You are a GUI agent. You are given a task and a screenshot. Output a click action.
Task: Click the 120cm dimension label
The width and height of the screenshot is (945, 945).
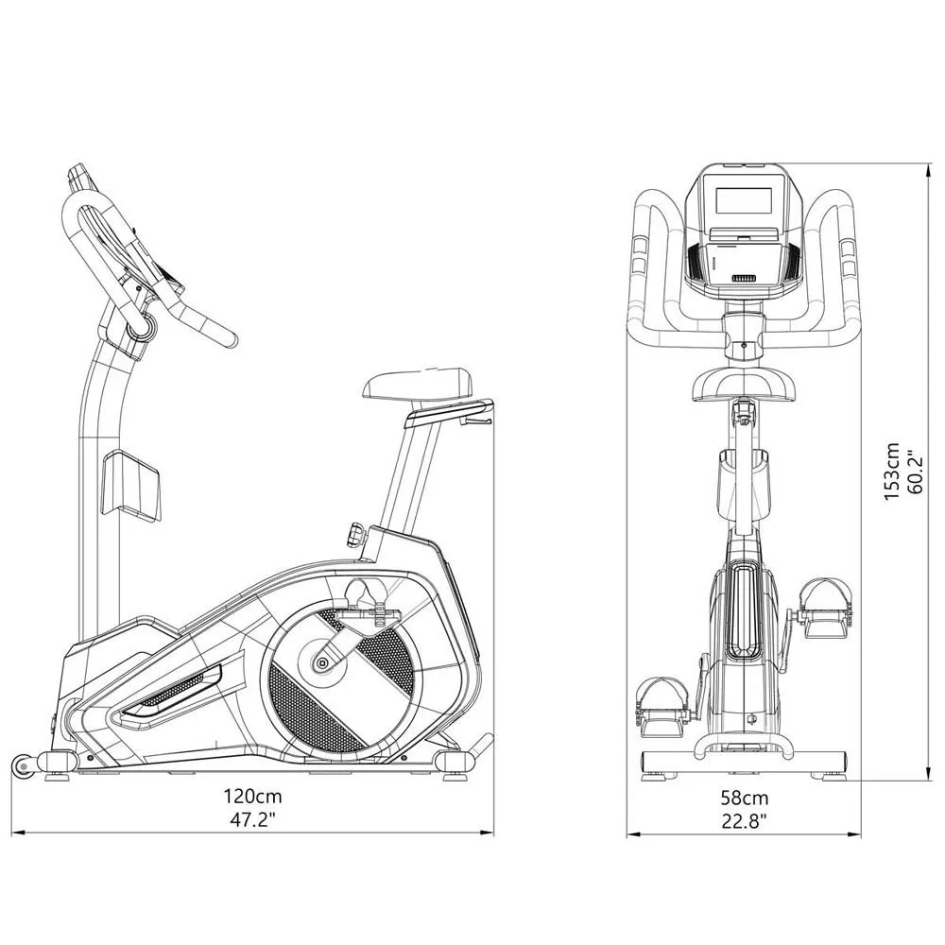pos(253,796)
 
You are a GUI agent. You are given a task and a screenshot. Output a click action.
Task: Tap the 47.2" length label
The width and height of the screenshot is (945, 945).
pos(253,820)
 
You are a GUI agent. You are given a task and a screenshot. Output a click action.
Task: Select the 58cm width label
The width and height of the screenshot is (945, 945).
pos(745,798)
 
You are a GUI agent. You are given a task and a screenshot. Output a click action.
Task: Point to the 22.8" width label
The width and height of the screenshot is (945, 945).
pos(745,821)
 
